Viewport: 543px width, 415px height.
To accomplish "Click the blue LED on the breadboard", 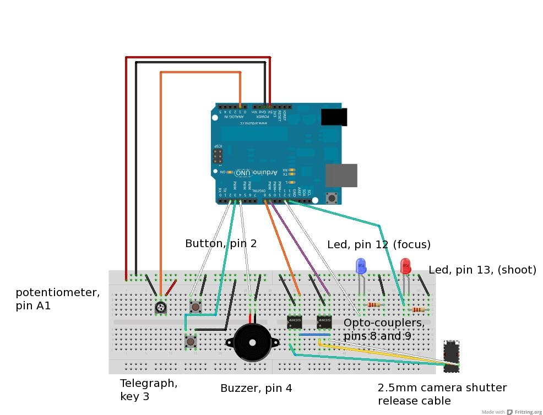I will pos(361,267).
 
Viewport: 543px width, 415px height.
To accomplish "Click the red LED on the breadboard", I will pos(405,266).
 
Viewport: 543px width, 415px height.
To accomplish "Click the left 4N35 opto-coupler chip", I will pos(295,321).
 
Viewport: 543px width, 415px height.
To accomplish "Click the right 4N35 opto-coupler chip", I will pos(324,321).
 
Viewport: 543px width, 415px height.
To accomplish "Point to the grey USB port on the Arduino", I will pos(341,176).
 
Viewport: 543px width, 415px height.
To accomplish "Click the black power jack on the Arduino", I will pos(334,117).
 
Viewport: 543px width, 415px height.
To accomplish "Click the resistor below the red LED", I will pos(419,309).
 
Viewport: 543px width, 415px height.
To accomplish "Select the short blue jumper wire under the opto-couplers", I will pos(314,334).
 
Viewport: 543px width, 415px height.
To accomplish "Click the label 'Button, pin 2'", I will pos(221,243).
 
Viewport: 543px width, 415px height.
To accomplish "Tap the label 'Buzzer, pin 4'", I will pos(256,388).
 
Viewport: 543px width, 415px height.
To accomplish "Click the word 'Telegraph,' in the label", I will pos(149,383).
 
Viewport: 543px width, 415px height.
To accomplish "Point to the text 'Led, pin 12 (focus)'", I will pos(379,244).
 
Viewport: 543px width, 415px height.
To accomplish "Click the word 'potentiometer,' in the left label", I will pos(58,292).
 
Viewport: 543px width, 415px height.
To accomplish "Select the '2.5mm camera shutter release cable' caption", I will pos(442,394).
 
